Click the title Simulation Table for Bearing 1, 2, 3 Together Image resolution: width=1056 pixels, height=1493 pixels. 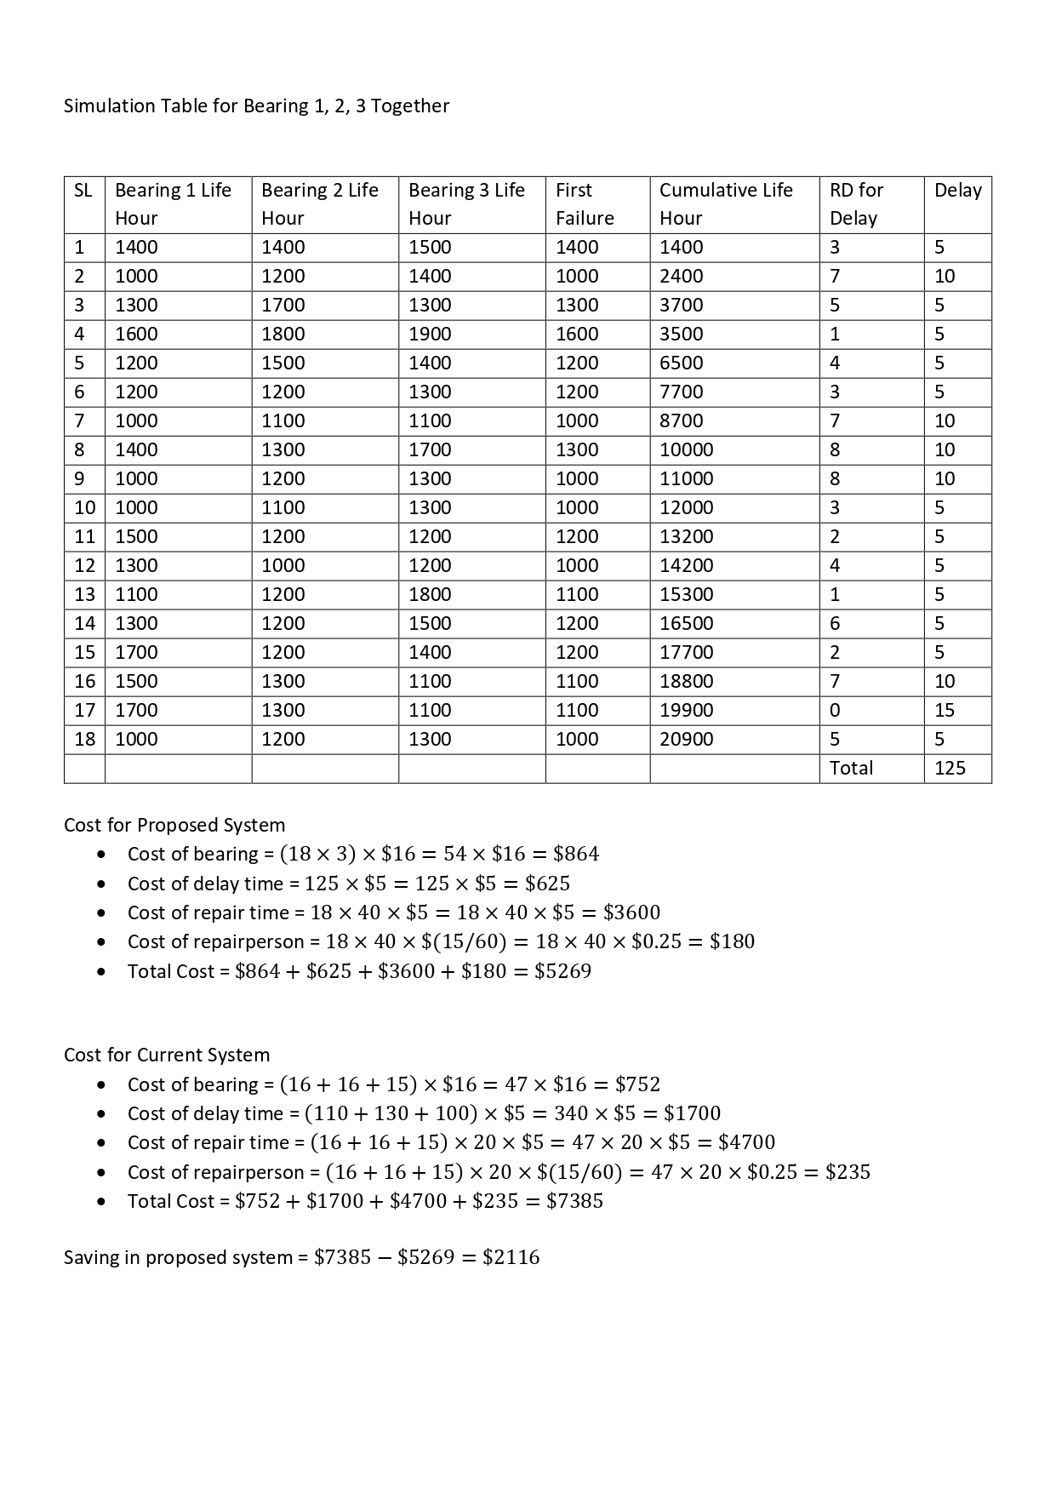point(256,106)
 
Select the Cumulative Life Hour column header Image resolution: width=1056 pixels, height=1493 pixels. point(726,204)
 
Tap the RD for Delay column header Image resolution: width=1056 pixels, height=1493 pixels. point(856,204)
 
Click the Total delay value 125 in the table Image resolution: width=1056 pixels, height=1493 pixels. point(950,768)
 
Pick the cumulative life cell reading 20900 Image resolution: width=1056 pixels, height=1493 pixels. point(686,739)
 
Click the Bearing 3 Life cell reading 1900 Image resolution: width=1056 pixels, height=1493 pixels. point(430,334)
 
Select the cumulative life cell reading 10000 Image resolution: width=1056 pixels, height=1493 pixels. point(686,449)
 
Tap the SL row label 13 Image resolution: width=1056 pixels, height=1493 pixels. point(84,594)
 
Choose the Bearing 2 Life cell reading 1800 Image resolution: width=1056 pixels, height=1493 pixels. point(283,334)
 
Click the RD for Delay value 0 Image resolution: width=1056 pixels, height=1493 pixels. point(835,710)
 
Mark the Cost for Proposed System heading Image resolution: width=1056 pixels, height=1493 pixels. point(174,825)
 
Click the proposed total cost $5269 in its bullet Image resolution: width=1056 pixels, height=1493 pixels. point(562,971)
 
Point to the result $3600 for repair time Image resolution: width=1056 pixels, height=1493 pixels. point(631,912)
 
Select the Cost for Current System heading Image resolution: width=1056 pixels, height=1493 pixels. point(167,1055)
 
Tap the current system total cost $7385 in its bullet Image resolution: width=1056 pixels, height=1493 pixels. point(574,1201)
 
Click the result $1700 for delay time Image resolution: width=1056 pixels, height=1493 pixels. point(692,1113)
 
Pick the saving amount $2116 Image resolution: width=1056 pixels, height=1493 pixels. point(511,1257)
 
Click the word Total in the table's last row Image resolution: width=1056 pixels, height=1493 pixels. point(851,768)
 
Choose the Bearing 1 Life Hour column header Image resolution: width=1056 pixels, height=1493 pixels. point(173,204)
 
